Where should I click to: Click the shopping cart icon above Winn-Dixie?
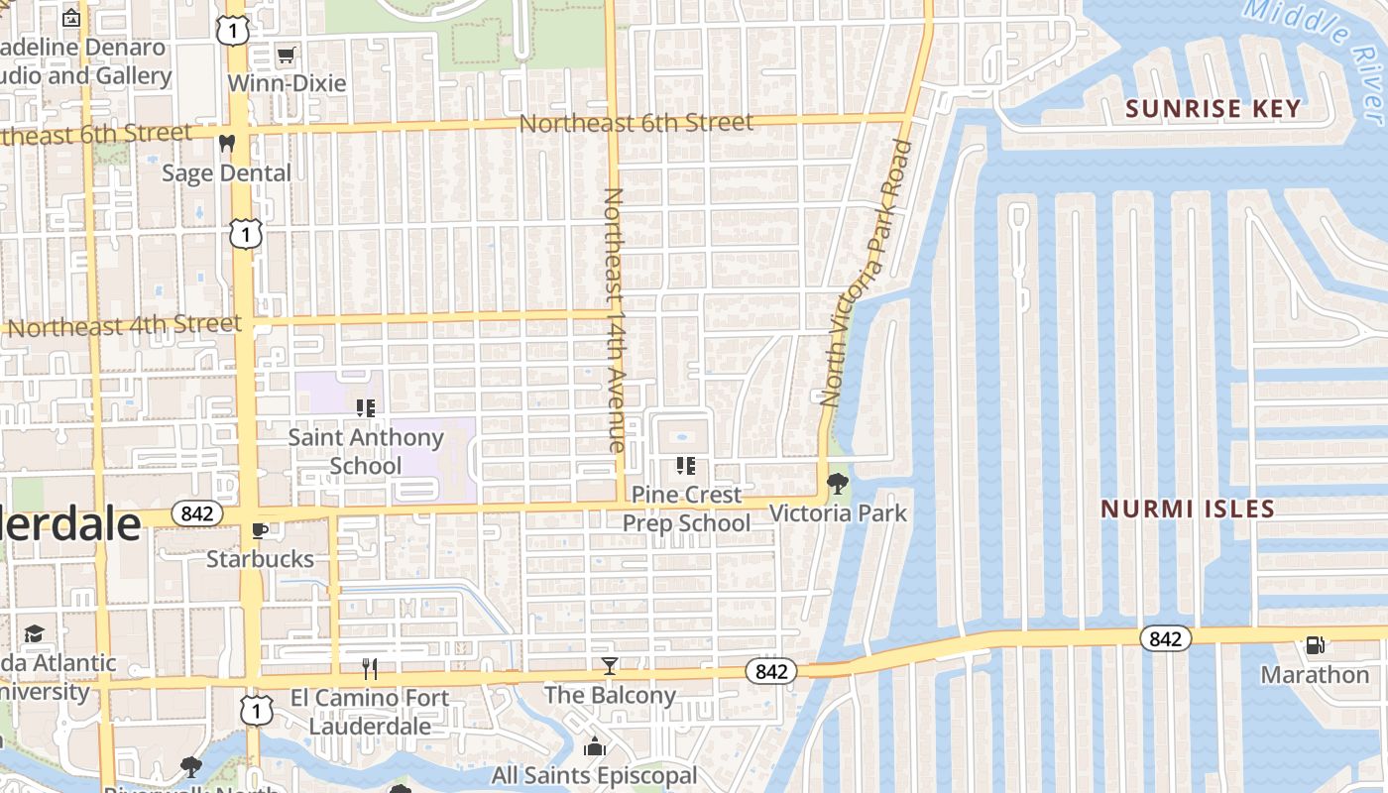[286, 56]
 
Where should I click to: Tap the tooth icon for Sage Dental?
[227, 144]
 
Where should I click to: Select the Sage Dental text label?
[227, 173]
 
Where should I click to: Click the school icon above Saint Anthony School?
[365, 407]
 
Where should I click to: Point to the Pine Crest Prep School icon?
[685, 465]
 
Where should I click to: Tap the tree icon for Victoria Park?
[838, 484]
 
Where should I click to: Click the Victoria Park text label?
[838, 513]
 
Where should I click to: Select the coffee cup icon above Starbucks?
[261, 530]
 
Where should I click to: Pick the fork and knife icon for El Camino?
[370, 668]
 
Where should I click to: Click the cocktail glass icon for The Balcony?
[610, 666]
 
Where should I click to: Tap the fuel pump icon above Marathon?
[1315, 645]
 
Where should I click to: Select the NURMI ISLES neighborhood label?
[1188, 510]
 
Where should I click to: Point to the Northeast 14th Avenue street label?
[615, 319]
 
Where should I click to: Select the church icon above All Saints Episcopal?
[595, 746]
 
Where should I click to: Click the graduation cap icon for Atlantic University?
[35, 633]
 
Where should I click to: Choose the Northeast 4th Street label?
[124, 326]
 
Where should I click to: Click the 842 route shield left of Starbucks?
[196, 513]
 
